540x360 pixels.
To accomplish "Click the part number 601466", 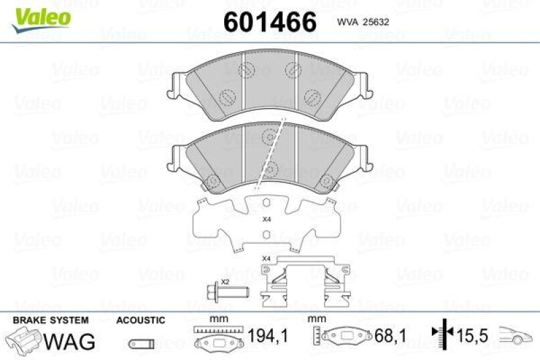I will click(x=269, y=22).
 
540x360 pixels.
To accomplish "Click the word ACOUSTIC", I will click(x=140, y=319).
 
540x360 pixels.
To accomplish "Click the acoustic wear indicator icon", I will click(x=139, y=342).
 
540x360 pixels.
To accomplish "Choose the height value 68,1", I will click(x=385, y=335).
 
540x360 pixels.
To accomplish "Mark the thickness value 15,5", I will click(x=470, y=335).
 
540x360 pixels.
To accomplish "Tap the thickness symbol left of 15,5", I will click(x=440, y=334).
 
